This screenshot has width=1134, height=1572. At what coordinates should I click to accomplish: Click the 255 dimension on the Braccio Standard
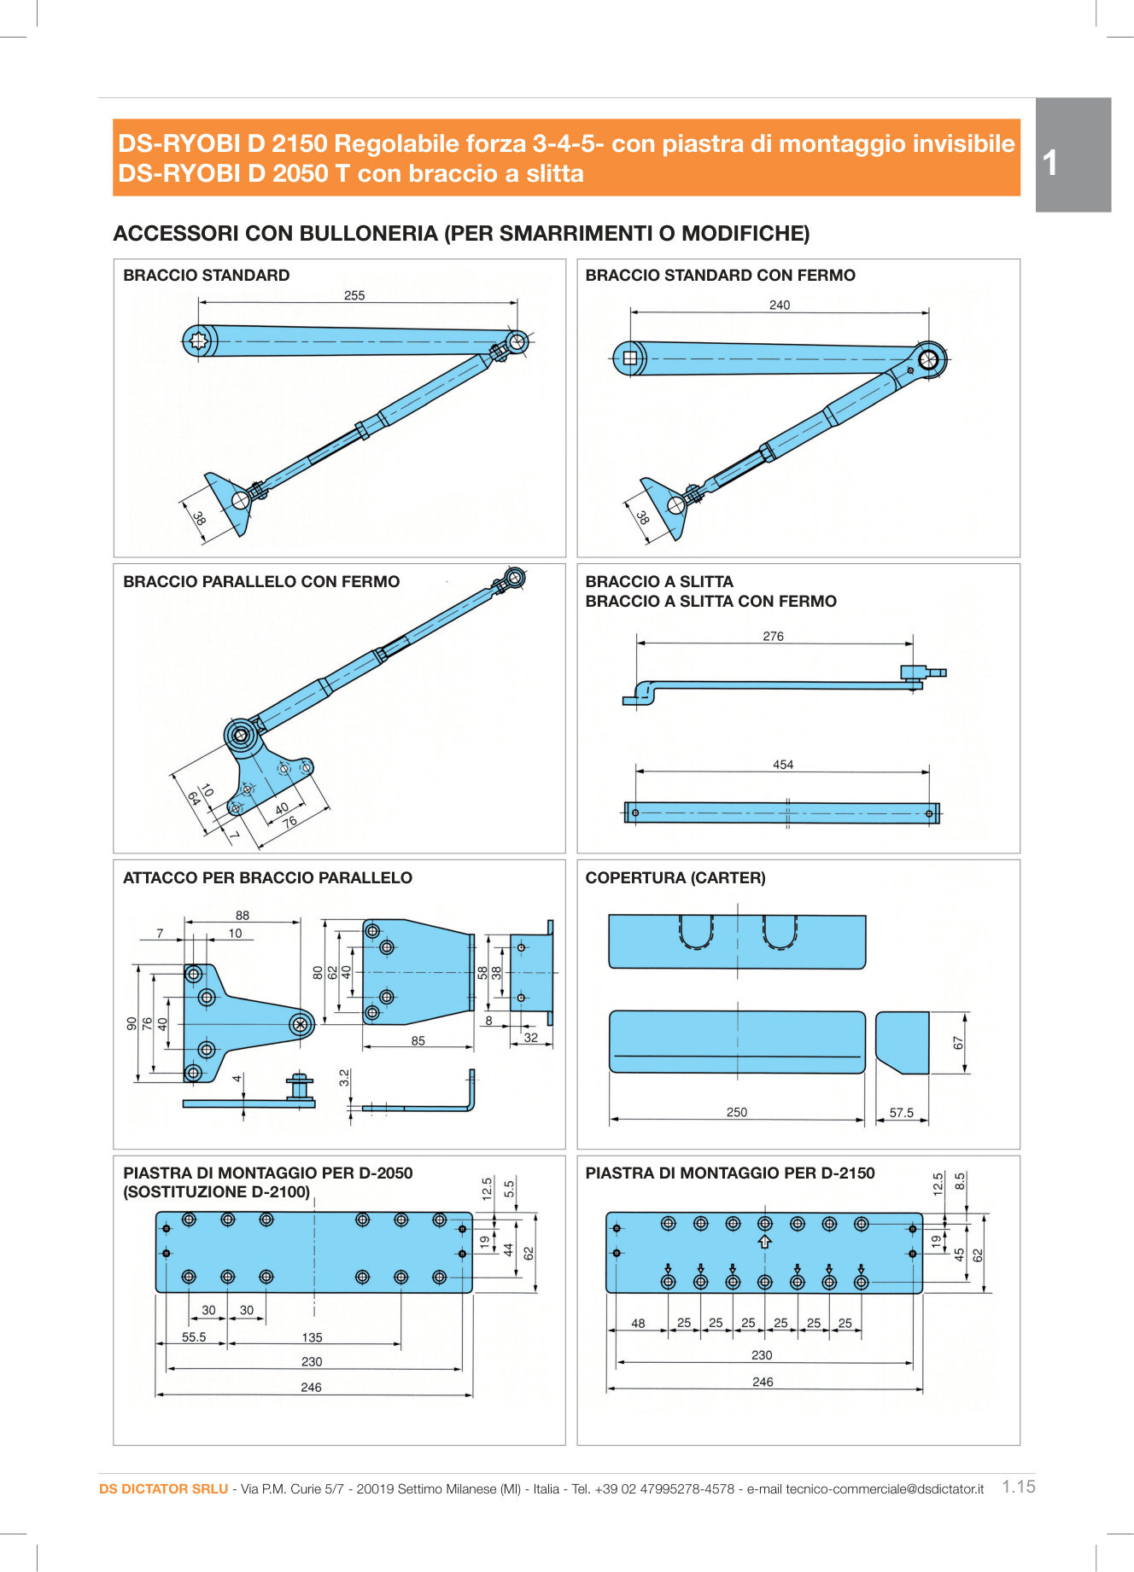(354, 295)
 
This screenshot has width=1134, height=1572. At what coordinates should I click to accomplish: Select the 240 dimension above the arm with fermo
(780, 305)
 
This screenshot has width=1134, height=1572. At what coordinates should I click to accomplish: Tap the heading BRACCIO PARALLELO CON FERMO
(261, 581)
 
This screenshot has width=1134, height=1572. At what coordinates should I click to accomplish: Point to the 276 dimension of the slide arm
(773, 636)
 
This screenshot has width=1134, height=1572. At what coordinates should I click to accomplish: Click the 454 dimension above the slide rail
(783, 765)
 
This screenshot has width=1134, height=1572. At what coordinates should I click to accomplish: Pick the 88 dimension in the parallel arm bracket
(243, 915)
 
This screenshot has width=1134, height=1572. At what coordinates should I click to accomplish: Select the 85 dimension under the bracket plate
(418, 1040)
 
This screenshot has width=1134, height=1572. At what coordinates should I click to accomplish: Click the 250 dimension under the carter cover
(736, 1112)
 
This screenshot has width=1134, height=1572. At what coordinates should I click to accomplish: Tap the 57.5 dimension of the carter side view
(901, 1113)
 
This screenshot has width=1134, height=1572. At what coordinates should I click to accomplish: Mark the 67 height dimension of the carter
(958, 1043)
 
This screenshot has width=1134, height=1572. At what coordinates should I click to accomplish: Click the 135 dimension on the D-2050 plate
(312, 1337)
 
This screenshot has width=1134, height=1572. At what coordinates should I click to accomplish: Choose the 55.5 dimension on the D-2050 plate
(194, 1337)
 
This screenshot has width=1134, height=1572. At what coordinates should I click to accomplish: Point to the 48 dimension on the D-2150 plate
(638, 1324)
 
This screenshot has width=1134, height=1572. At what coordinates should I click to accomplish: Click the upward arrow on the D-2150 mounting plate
(765, 1242)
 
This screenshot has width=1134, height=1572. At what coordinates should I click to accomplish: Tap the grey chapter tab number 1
(1051, 162)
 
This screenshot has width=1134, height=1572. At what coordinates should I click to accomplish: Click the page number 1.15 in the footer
(1018, 1487)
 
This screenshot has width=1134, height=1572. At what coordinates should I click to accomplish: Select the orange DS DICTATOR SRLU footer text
(163, 1489)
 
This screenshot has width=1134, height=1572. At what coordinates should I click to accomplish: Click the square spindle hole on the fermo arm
(630, 358)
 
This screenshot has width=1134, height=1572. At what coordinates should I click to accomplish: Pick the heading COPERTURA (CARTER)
(675, 877)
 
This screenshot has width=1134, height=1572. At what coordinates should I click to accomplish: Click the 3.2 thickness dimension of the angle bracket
(344, 1077)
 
